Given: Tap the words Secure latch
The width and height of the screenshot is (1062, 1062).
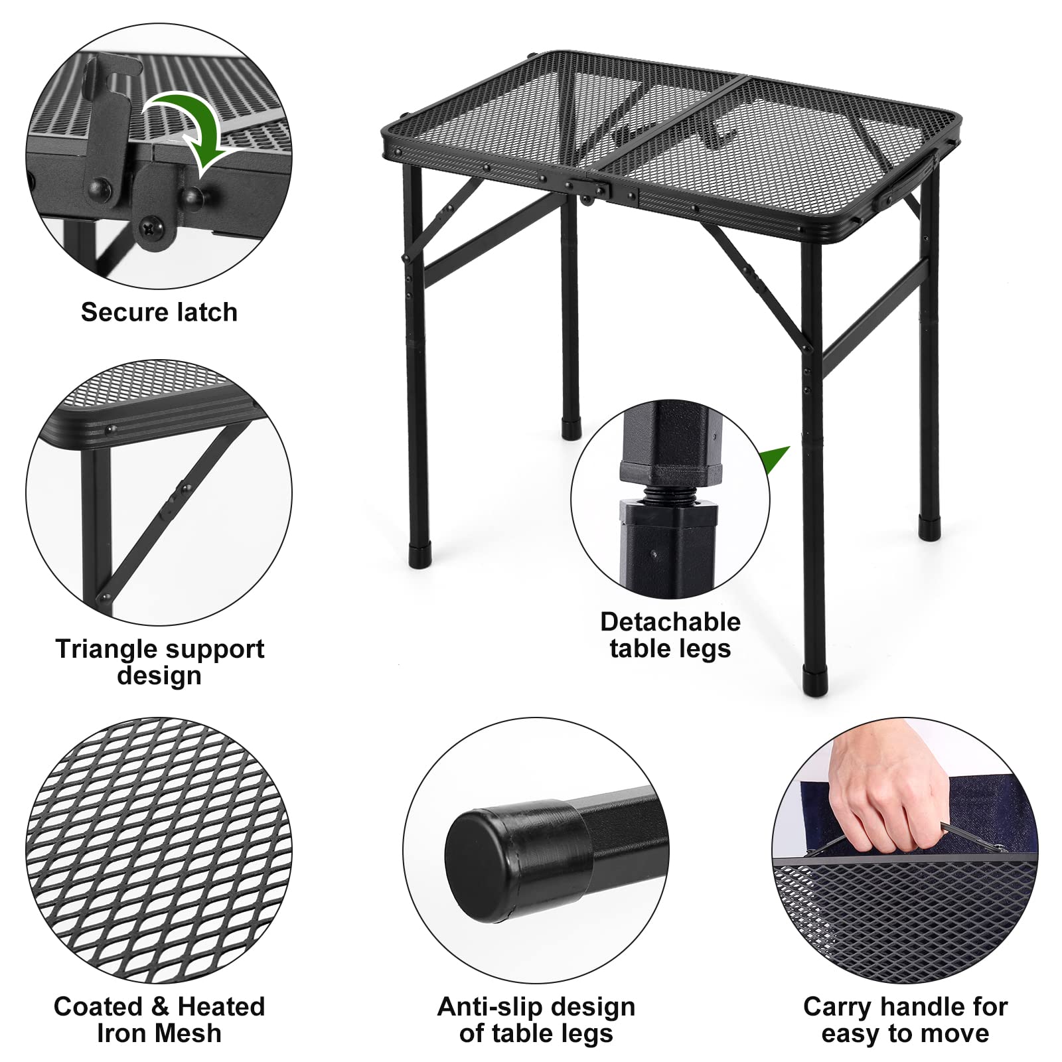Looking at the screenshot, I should pos(159,312).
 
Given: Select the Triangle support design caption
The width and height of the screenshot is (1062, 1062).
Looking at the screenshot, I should pos(159,662).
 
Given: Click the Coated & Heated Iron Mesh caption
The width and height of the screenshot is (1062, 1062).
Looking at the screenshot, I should pos(159,1020).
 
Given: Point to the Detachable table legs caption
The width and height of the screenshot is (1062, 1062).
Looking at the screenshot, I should pos(670,635).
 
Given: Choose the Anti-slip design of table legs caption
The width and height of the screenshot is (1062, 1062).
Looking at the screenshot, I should pos(536,1020).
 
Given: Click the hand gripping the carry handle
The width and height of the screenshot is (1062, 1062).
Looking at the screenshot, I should pos(883,796).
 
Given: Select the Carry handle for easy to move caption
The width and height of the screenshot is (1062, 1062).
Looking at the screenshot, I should pos(905,1020).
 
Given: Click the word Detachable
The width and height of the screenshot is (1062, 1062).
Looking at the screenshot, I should pos(670,622).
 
